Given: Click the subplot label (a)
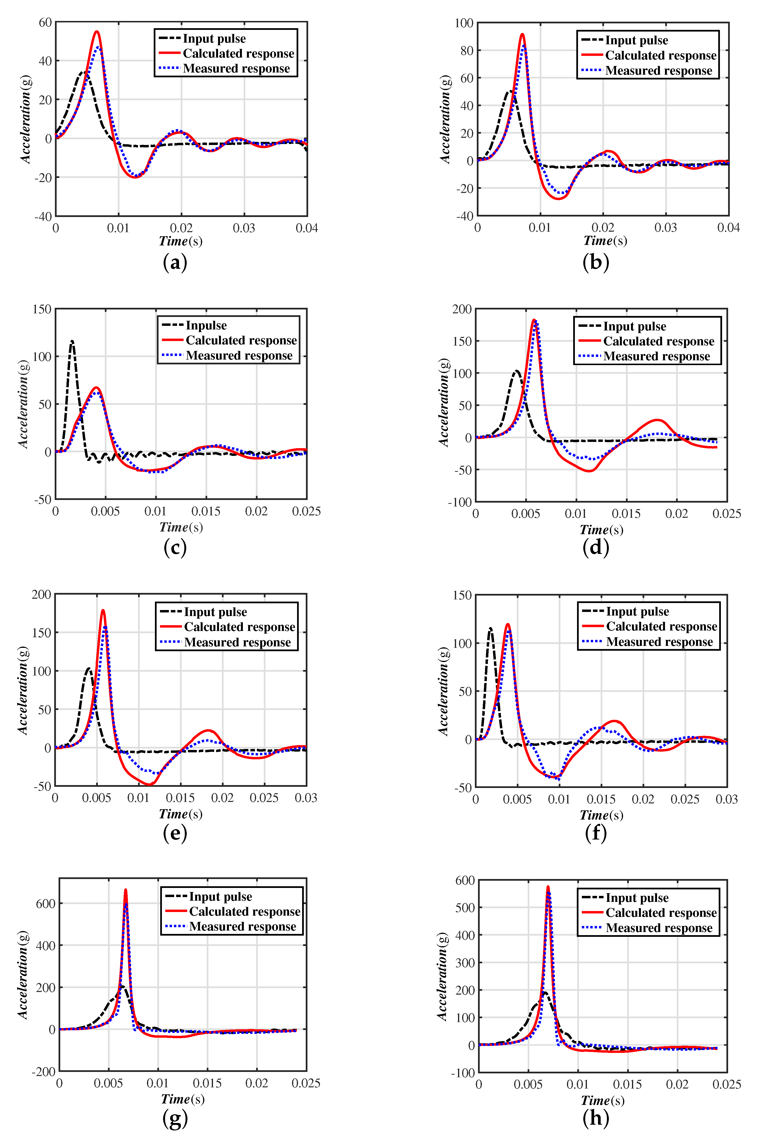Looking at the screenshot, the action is coord(175,263).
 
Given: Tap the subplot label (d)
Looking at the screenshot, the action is coord(595,548).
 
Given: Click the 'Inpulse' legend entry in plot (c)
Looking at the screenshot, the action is coord(206,325).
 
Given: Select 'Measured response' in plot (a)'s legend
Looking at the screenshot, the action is coord(236,69).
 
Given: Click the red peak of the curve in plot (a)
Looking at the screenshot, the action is coord(97,32).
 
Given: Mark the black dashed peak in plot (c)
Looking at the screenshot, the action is coord(72,341).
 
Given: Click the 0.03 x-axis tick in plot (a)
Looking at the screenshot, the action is coord(244,228).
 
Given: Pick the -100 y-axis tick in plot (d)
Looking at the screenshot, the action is coord(460,502).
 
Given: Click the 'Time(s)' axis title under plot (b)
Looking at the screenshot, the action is coord(605,241).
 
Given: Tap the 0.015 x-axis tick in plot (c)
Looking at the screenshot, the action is coord(206,511).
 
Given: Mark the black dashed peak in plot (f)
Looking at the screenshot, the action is coord(490,628).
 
